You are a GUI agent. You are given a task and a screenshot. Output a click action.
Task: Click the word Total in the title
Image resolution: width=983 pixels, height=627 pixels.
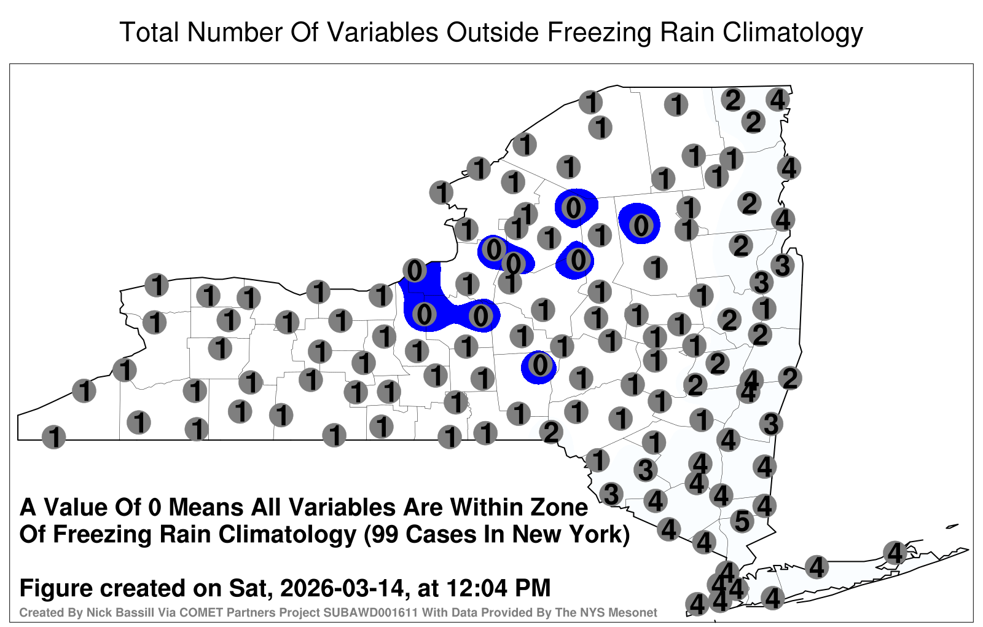click(149, 32)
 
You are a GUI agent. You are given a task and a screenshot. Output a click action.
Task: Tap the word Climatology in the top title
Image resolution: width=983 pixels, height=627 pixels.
click(793, 33)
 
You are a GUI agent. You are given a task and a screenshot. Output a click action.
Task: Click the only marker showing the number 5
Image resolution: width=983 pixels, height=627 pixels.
click(742, 521)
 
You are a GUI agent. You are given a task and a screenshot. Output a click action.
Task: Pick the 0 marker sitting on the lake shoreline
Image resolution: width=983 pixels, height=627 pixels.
click(415, 270)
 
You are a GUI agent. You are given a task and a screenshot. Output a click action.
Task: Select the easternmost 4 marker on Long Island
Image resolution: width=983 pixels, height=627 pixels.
click(895, 553)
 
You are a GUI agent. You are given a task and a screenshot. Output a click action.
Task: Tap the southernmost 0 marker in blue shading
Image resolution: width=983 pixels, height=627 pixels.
click(540, 365)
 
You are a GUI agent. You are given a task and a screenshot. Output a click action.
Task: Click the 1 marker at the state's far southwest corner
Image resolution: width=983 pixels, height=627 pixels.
click(53, 437)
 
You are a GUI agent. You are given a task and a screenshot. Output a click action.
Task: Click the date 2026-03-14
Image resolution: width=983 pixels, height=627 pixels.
click(342, 588)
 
